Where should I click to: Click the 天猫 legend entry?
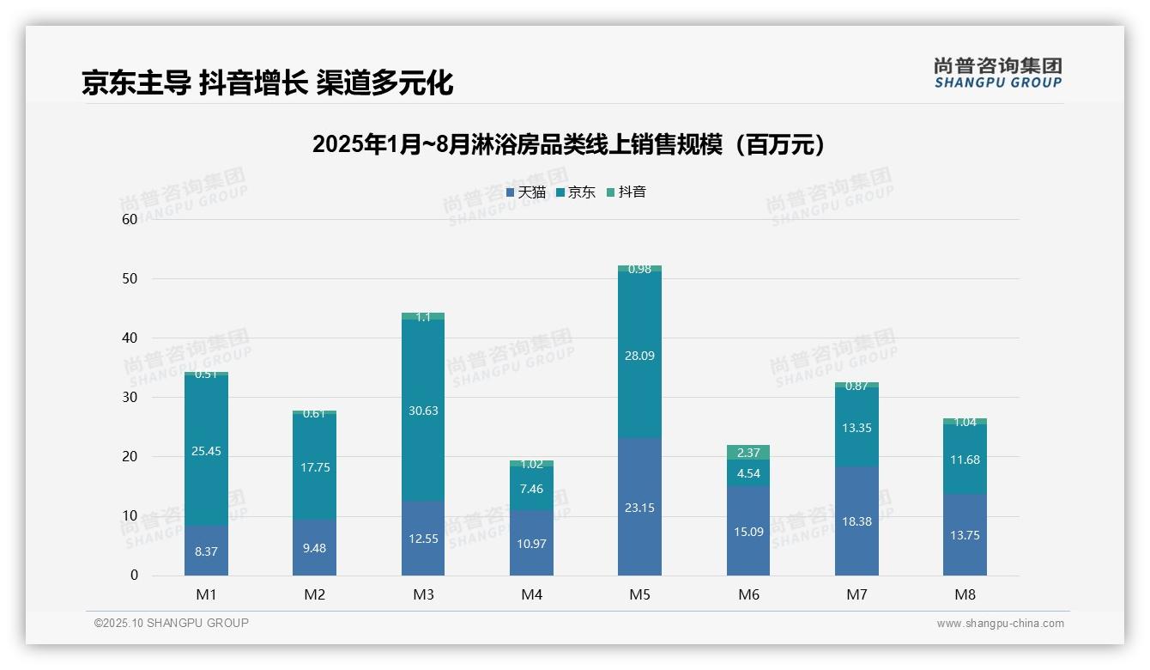526,192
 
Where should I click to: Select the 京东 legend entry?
576,192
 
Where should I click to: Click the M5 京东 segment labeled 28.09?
639,355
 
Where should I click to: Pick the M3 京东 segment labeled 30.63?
423,411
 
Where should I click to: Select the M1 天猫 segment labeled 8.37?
206,551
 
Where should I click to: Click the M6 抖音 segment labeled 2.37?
748,453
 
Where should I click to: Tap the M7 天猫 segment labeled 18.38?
856,521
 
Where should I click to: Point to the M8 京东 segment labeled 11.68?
965,460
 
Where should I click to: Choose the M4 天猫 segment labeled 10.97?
531,543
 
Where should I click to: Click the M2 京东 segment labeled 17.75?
314,467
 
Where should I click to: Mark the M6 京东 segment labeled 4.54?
748,473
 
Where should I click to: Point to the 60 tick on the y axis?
130,219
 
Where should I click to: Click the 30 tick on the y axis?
130,398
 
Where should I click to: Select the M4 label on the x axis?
531,594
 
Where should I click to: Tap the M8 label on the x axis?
965,594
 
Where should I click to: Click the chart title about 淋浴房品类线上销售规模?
570,144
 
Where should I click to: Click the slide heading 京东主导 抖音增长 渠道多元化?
267,82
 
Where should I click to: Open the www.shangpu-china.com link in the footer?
1000,624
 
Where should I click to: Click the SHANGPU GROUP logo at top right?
997,72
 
